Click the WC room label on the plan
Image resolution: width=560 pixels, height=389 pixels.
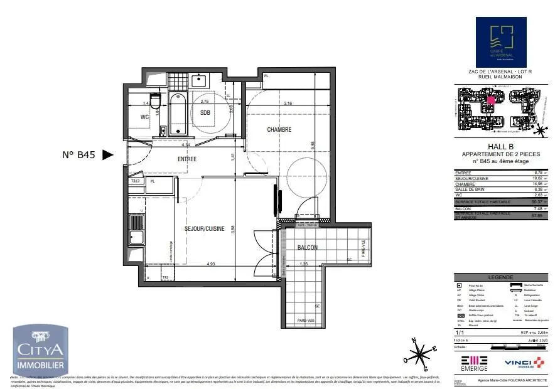coord(144,117)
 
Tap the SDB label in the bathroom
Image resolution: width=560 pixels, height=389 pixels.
coord(205,113)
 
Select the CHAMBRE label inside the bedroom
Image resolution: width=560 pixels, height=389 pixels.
coord(279,130)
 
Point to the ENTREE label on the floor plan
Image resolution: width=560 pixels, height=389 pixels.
coord(187,159)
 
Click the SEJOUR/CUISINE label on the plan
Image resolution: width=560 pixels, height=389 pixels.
coord(204,229)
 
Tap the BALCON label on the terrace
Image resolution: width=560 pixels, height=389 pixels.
coord(308,248)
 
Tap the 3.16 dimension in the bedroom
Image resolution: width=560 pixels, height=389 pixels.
coord(288,103)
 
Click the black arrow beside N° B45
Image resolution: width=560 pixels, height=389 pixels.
coord(108,155)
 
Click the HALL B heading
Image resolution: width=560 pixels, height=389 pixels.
coord(496,147)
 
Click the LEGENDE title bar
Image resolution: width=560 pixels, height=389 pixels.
coord(500,277)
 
